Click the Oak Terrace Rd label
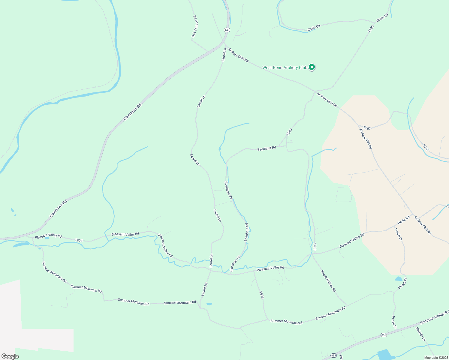pyautogui.click(x=195, y=27)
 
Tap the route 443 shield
pyautogui.click(x=227, y=30)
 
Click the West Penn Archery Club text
pyautogui.click(x=285, y=67)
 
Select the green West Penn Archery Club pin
pyautogui.click(x=312, y=67)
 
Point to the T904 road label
pyautogui.click(x=79, y=240)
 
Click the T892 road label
pyautogui.click(x=261, y=295)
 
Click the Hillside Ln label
pyautogui.click(x=420, y=334)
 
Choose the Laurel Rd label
pyautogui.click(x=204, y=289)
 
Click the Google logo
pyautogui.click(x=10, y=356)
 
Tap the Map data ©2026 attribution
pyautogui.click(x=435, y=358)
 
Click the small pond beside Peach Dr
pyautogui.click(x=398, y=279)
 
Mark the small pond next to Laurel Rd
pyautogui.click(x=209, y=304)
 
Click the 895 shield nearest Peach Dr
pyautogui.click(x=384, y=335)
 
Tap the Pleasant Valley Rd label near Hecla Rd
pyautogui.click(x=352, y=240)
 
